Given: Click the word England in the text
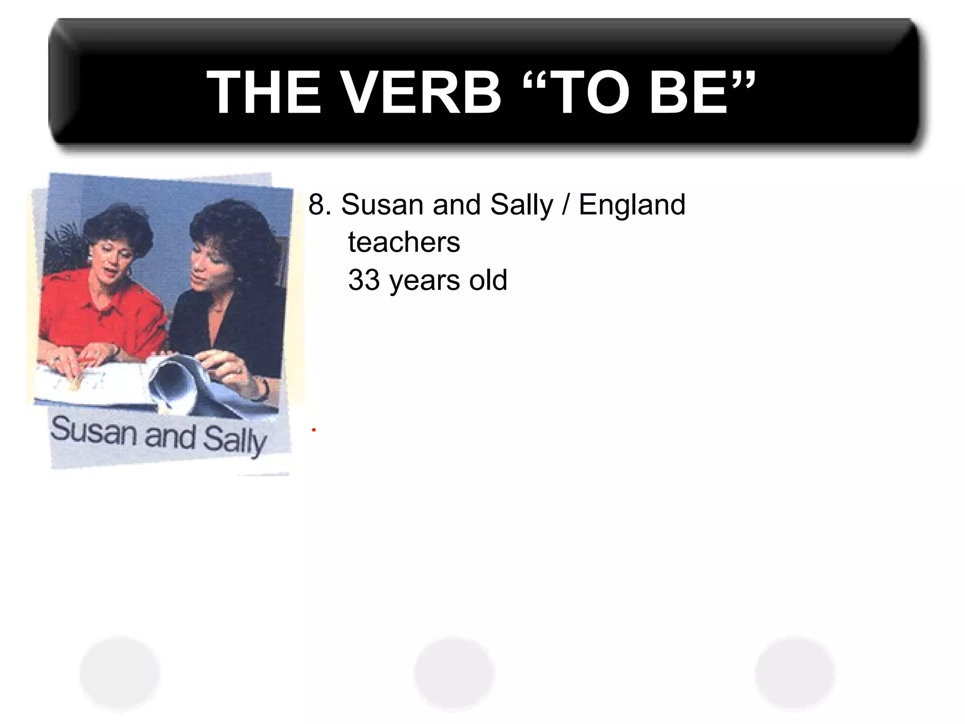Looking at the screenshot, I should [x=631, y=205].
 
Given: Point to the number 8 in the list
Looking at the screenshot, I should [x=317, y=205].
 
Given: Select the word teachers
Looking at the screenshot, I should [x=404, y=242].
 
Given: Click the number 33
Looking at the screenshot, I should [x=364, y=280].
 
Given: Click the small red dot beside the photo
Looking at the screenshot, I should [x=313, y=430].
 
